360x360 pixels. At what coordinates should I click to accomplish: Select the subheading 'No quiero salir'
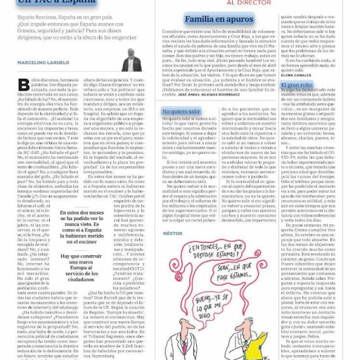(x=181, y=111)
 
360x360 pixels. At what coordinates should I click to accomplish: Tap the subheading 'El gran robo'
(x=295, y=84)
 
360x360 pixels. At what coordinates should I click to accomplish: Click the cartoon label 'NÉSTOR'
(x=172, y=233)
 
